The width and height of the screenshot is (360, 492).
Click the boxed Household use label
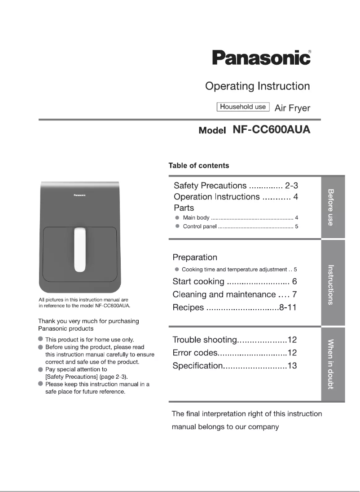243,107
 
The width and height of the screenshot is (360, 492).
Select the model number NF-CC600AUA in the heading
271,130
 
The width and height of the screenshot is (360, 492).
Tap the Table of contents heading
198,165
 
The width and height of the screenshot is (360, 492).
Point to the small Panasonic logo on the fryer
80,195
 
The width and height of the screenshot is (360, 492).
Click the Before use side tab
333,207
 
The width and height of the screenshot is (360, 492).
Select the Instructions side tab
333,284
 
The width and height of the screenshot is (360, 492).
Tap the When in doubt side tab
333,364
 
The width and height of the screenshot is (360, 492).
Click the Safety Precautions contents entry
210,186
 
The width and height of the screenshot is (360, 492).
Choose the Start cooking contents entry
198,282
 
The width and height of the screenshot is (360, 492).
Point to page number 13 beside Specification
292,366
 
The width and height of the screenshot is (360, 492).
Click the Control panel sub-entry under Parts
200,226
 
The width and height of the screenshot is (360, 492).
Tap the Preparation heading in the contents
195,257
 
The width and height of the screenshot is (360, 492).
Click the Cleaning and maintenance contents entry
224,295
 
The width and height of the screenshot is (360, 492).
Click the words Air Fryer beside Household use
292,108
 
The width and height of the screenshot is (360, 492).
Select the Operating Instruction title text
257,86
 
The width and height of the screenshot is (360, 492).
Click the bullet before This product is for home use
41,340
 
